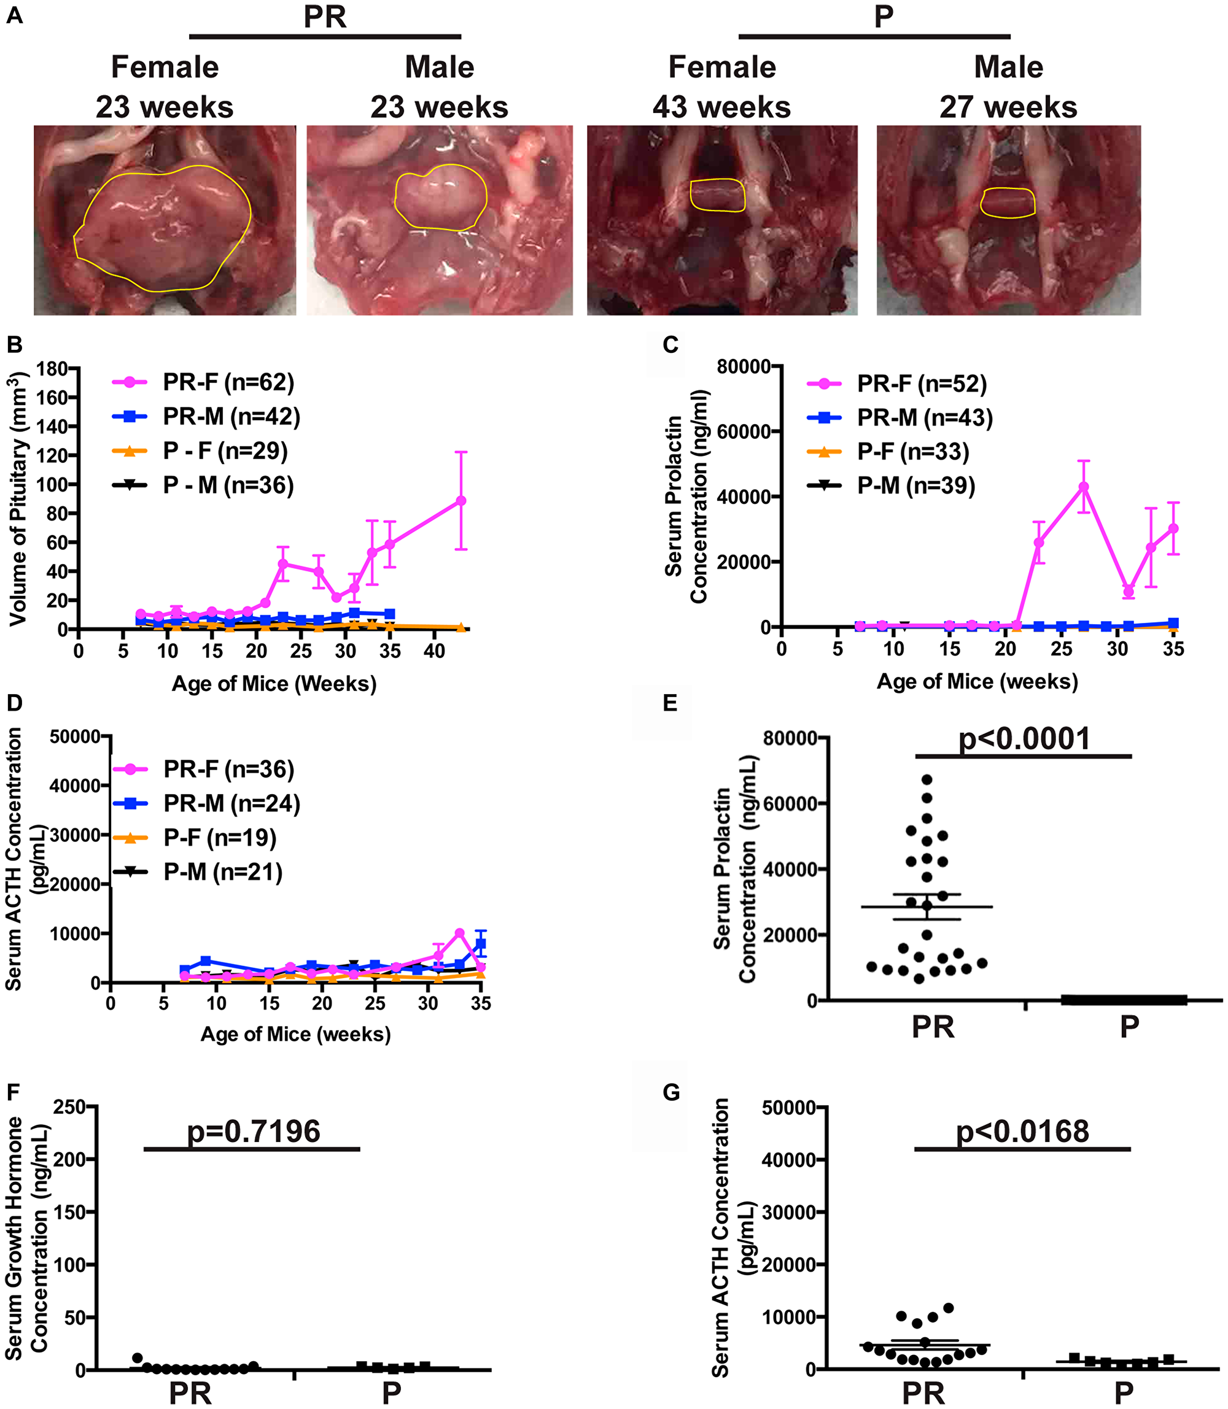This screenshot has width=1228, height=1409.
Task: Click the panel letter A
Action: coord(14,15)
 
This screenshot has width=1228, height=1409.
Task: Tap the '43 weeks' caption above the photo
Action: coord(721,107)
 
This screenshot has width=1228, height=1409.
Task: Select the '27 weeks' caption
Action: coord(1008,107)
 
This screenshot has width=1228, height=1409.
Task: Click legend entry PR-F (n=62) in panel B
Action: coord(228,382)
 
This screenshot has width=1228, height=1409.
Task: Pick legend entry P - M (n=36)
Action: coord(228,485)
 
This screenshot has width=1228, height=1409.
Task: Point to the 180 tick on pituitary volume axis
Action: coord(52,369)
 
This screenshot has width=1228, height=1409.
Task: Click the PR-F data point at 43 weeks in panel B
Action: coord(461,501)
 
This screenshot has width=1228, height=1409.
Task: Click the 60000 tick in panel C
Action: coord(743,431)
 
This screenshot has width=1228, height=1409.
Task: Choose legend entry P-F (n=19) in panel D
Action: coord(220,838)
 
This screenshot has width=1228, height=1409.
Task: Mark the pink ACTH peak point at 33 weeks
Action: coord(459,933)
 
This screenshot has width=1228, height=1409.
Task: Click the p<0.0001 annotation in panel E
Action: coord(1024,739)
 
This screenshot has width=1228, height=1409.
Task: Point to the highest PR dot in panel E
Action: coord(927,779)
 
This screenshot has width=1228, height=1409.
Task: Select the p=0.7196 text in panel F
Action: coord(254,1131)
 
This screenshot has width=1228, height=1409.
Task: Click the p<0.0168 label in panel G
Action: coord(1022,1131)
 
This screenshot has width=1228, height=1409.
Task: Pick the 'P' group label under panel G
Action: coord(1123,1392)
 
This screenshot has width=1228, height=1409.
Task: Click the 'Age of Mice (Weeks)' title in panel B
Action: coord(274,684)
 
